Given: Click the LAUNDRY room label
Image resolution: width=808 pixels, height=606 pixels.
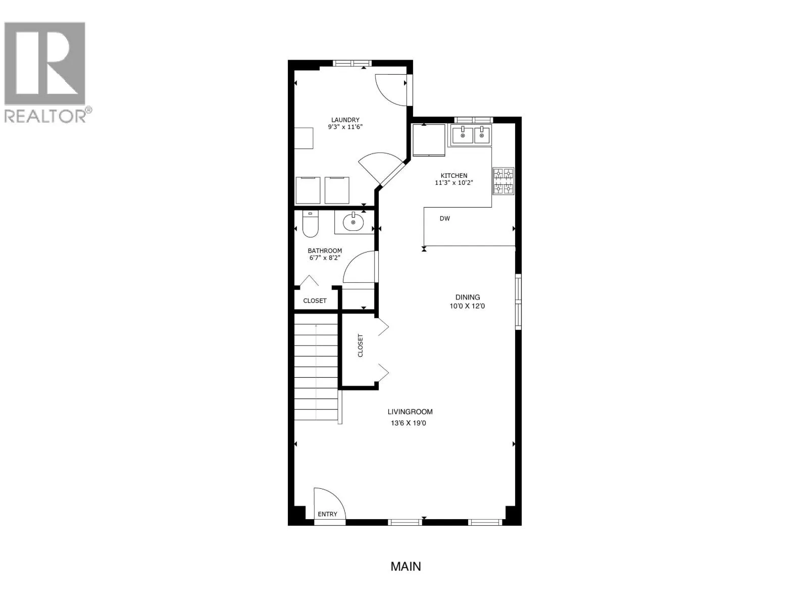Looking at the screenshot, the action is [x=345, y=120].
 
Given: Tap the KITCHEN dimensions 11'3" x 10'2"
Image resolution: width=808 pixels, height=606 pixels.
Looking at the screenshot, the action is [x=453, y=182].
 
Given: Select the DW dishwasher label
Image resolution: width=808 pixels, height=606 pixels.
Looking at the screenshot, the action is [x=445, y=218].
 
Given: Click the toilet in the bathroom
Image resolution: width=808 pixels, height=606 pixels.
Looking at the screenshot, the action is [x=310, y=224].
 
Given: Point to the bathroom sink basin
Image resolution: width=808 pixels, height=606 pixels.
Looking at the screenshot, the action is [x=353, y=222].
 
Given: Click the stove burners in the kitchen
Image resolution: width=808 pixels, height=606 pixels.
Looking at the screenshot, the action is [x=503, y=181].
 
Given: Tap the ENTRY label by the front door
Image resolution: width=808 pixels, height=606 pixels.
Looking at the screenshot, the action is [x=327, y=514].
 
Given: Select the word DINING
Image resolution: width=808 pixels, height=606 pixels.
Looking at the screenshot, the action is [x=468, y=297].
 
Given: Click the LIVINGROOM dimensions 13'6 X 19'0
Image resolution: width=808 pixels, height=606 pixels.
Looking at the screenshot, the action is [x=408, y=423].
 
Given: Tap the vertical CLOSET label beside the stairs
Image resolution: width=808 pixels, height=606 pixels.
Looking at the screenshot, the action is [x=361, y=345].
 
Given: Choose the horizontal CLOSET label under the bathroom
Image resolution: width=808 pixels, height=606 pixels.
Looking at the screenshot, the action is [x=315, y=300].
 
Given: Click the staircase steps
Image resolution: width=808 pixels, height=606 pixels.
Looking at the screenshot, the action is [x=316, y=372].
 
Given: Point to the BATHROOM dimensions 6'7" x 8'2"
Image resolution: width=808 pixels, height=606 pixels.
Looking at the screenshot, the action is [x=324, y=258].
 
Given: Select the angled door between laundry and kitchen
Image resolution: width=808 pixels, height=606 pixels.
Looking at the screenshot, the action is [x=392, y=173].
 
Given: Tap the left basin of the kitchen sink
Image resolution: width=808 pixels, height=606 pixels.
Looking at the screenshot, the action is [x=463, y=135].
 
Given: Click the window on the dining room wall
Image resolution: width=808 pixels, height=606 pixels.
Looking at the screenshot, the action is [x=518, y=301].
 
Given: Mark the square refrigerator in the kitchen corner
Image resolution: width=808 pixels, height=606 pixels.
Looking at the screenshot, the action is [x=429, y=140].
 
